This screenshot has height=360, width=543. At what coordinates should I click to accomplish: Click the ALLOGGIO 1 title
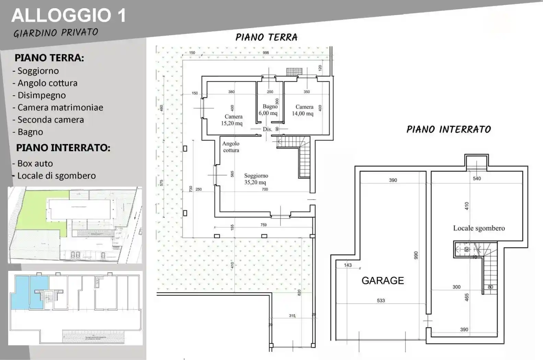coord(69,16)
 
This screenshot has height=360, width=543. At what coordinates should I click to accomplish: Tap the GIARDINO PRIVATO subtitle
coord(56,33)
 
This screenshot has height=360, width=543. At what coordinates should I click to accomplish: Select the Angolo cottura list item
coord(47,83)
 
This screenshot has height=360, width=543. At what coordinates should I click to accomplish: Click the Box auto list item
coord(35,163)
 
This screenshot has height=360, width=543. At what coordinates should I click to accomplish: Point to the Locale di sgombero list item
coord(56,176)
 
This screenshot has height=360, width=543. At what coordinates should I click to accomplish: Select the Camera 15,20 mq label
coord(233,120)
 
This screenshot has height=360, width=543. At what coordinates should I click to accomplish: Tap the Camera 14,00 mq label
coord(303,110)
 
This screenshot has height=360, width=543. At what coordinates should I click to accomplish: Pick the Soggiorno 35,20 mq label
coord(256,179)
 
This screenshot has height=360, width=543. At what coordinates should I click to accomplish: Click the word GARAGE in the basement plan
coord(382,280)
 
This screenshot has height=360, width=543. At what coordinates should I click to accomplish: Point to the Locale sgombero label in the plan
coord(479,228)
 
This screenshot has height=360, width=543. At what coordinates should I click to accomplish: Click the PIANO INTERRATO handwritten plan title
coord(449,129)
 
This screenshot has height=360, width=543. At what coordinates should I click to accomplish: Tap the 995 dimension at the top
coord(266,52)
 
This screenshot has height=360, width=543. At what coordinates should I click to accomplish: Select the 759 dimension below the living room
coord(263,225)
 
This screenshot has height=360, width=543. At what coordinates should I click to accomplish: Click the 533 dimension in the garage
coord(381,301)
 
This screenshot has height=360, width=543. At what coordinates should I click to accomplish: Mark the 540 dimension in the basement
coord(477,179)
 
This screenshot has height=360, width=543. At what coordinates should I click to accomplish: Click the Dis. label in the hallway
coord(267,129)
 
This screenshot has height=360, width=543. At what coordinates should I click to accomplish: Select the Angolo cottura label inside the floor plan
coord(231,147)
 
